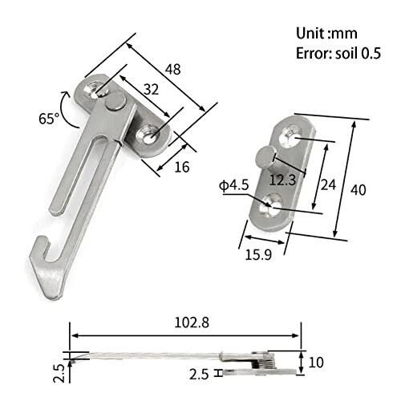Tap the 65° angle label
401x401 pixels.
49,119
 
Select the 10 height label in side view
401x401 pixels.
316,363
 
